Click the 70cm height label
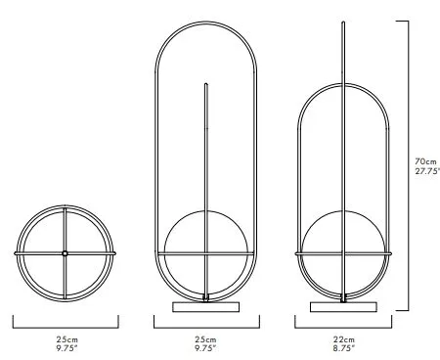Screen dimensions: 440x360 point(425,161)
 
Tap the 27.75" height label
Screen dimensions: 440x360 point(427,171)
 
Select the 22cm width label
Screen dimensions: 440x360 point(344,339)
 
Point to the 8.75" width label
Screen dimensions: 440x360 point(344,348)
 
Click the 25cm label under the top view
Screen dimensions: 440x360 point(67,339)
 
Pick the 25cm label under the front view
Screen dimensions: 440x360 point(205,339)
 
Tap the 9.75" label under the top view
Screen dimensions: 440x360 point(67,348)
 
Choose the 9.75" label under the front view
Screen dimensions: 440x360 point(205,348)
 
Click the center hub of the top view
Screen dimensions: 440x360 point(65,253)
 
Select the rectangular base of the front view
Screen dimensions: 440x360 point(206,307)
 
